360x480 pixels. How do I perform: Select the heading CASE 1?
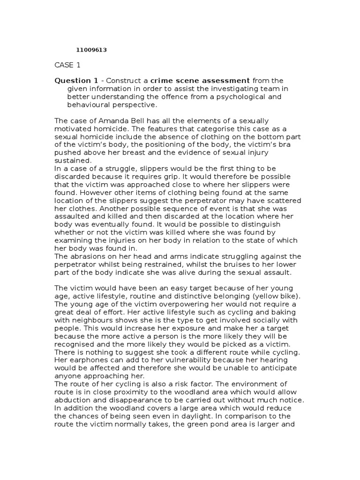point(67,65)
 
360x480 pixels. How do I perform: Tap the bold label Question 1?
point(75,81)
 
